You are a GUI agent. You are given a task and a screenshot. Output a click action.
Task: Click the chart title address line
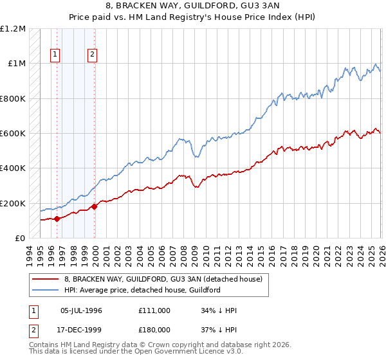[193, 7]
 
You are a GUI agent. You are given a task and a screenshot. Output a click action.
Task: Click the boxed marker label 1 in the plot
[56, 55]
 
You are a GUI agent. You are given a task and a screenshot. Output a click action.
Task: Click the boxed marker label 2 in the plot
[93, 55]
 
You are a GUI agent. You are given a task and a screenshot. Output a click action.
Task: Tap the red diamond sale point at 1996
[57, 219]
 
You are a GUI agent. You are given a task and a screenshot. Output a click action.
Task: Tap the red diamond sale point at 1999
[95, 206]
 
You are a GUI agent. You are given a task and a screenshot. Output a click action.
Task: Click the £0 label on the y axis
[21, 239]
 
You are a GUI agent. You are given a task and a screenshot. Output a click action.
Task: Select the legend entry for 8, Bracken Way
[163, 280]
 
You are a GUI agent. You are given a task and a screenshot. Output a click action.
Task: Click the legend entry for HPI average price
[142, 290]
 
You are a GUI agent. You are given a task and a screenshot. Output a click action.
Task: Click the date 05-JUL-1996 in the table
[81, 310]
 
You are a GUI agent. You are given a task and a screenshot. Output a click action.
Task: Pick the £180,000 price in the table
[154, 330]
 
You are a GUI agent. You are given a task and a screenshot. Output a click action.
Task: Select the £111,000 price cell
[154, 310]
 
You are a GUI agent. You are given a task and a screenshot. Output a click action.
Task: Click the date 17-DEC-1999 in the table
[81, 330]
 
